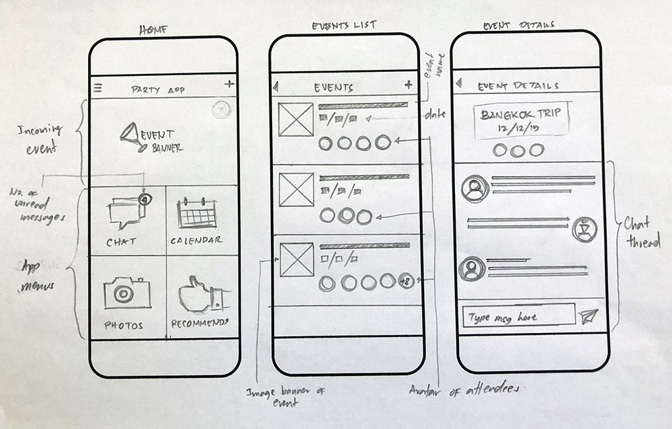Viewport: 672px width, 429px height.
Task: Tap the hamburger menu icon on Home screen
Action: click(x=98, y=87)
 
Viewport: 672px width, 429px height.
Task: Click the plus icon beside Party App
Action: click(x=229, y=84)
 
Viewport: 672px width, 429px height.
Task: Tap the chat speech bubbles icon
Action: click(x=125, y=213)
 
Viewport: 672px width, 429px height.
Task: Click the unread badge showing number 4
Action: click(x=143, y=199)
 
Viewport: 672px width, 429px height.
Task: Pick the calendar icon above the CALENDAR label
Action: click(x=196, y=213)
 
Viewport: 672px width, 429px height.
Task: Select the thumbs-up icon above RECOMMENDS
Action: click(x=198, y=295)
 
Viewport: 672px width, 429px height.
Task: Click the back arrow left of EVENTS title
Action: click(x=276, y=86)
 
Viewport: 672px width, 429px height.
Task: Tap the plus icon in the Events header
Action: click(x=409, y=85)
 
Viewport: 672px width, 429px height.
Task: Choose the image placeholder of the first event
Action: click(x=296, y=120)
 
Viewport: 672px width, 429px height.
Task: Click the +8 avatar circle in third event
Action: click(x=405, y=281)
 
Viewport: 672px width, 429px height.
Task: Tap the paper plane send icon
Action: click(x=589, y=317)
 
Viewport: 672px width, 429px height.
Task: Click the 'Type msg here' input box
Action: click(x=517, y=317)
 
